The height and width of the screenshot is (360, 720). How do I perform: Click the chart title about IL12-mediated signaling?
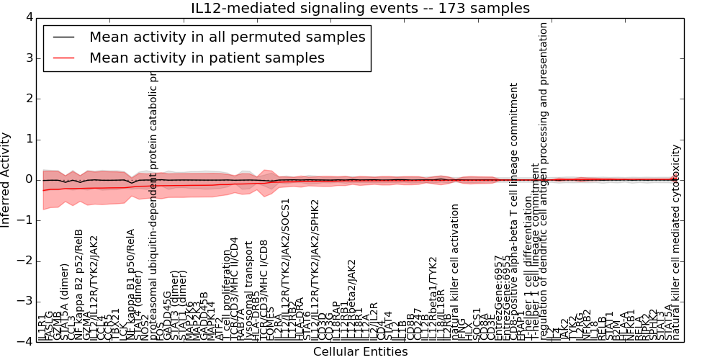360,8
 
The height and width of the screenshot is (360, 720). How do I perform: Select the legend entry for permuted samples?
227,37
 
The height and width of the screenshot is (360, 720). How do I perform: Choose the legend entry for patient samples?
207,58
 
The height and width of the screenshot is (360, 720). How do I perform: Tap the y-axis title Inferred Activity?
6,179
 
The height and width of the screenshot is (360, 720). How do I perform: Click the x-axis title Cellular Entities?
360,351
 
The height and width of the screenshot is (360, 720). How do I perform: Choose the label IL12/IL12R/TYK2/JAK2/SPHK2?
315,266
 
